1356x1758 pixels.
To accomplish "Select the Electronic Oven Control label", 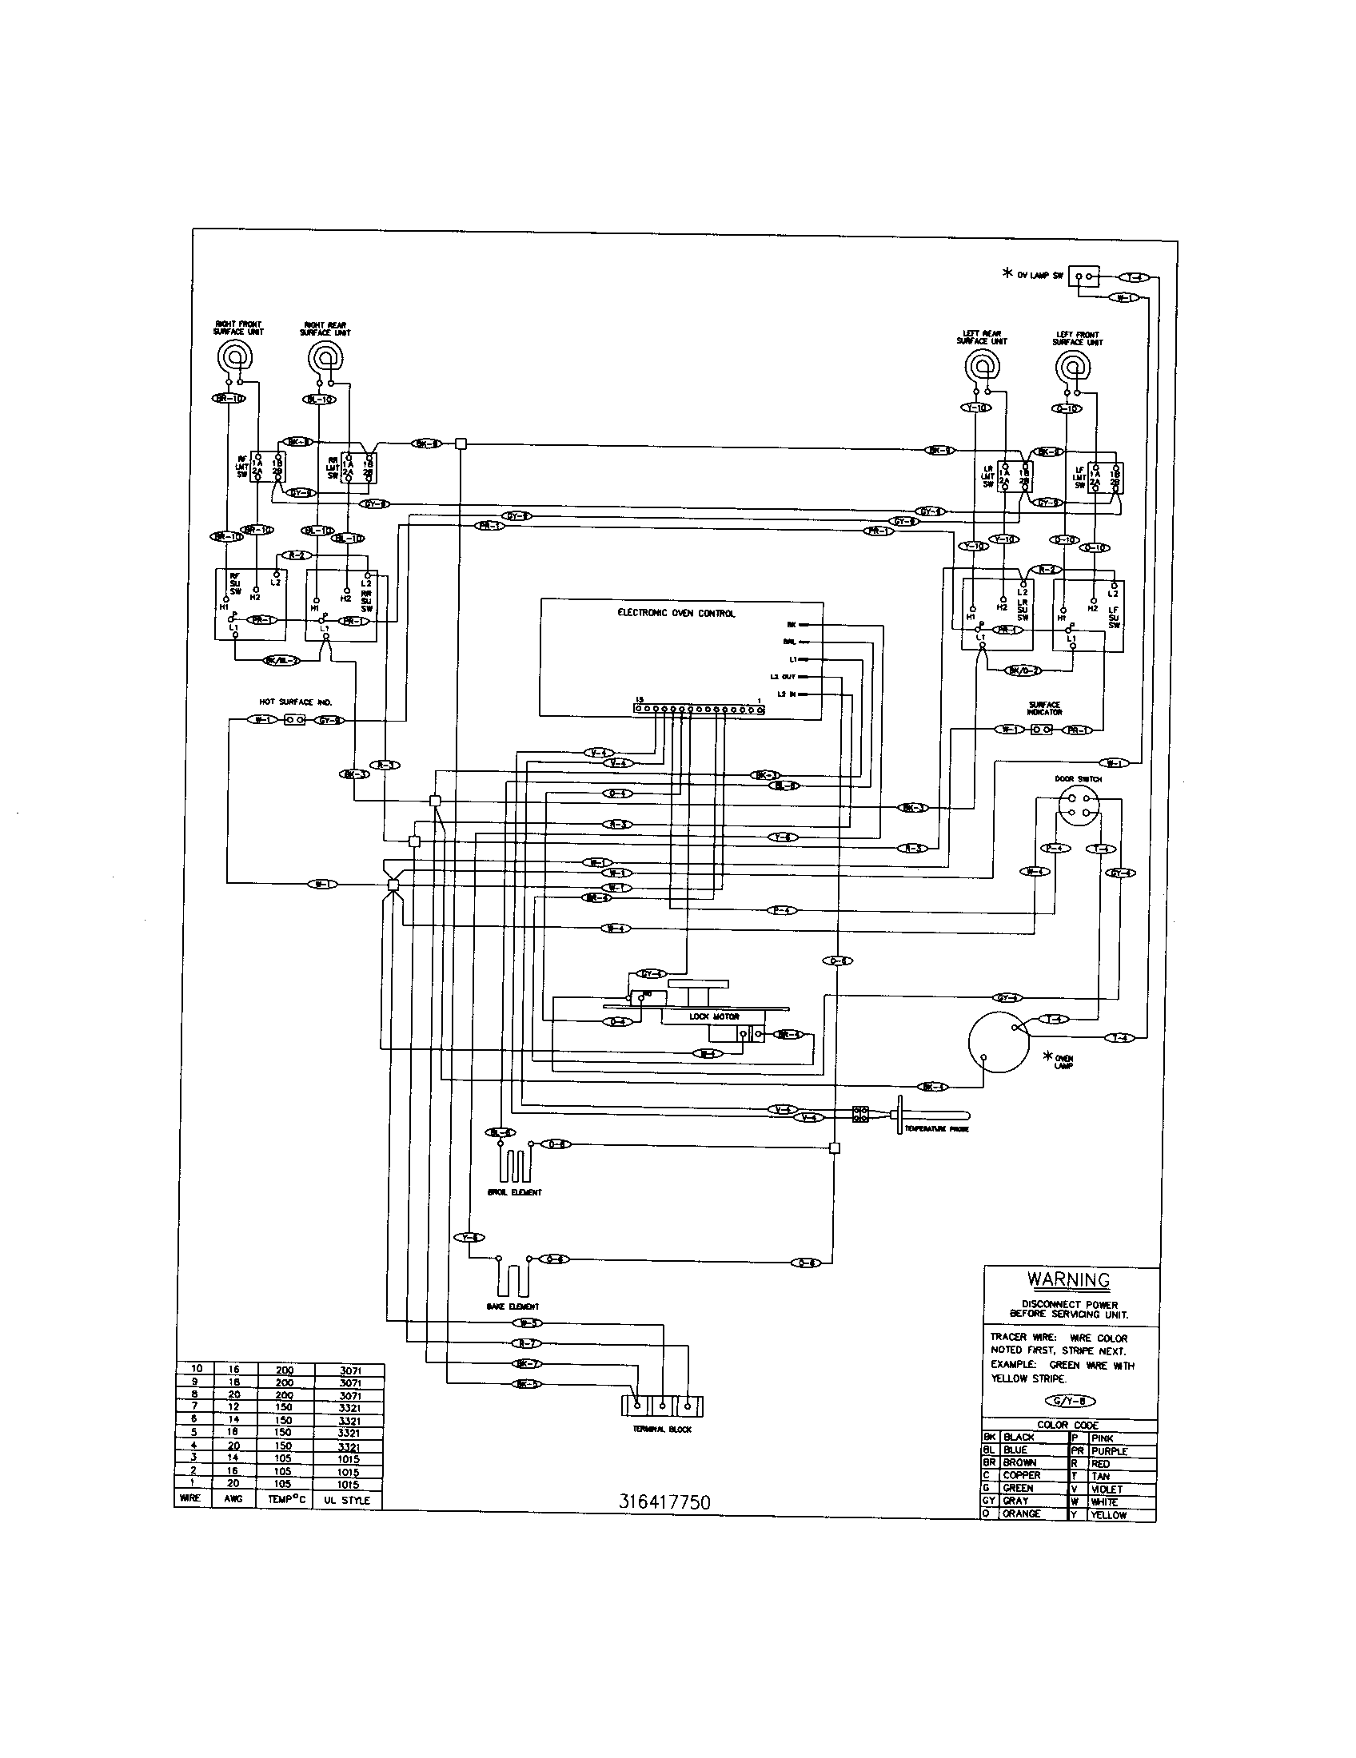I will coord(676,614).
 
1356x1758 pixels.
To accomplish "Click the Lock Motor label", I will coord(703,1016).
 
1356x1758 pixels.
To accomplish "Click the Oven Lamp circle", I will coord(999,1042).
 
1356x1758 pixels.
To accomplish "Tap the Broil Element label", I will coord(515,1192).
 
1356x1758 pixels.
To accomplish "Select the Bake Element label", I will coord(513,1307).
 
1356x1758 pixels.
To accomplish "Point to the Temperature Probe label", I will coord(935,1129).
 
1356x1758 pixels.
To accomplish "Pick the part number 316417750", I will coord(664,1502).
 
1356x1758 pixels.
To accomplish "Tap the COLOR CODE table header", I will coord(1067,1425).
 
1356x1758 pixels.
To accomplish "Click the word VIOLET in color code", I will coord(1107,1490).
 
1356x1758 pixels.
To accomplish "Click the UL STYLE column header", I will coord(349,1501).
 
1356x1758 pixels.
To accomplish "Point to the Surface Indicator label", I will coord(1044,708).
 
